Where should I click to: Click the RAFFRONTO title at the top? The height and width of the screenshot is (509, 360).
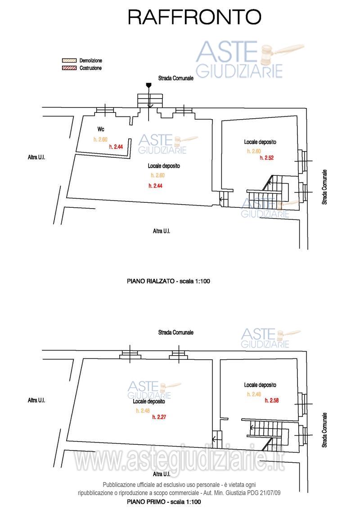(x=194, y=17)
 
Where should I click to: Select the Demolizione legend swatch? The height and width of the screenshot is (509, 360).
(x=69, y=61)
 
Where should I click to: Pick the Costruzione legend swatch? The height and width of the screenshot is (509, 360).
(x=69, y=68)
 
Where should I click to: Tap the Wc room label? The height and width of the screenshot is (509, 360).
(x=101, y=129)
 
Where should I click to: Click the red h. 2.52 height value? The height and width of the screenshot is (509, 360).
(x=267, y=158)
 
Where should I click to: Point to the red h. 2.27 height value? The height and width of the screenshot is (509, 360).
(x=159, y=417)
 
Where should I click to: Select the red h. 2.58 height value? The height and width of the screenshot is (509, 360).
(x=272, y=401)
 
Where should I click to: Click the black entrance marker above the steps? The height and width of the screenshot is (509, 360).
(x=149, y=85)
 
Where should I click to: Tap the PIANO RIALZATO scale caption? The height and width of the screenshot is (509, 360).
(x=168, y=281)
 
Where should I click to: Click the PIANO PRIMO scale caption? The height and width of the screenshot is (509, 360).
(x=164, y=501)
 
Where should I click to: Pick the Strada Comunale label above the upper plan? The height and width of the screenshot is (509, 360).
(x=176, y=78)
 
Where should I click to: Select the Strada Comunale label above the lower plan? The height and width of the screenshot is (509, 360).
(x=176, y=332)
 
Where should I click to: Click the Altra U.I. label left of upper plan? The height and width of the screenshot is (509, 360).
(x=36, y=157)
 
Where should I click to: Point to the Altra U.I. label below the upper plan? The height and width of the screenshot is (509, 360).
(x=162, y=231)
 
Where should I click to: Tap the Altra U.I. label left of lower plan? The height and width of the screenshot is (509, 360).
(x=36, y=400)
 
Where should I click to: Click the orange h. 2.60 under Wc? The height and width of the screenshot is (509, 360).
(x=100, y=139)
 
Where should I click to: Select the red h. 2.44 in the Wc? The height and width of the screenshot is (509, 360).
(x=116, y=147)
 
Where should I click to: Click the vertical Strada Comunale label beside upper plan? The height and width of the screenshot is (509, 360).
(x=324, y=187)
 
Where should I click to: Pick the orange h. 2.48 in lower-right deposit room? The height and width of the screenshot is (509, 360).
(x=254, y=394)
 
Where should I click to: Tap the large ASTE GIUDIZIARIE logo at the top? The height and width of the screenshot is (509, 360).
(x=248, y=60)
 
